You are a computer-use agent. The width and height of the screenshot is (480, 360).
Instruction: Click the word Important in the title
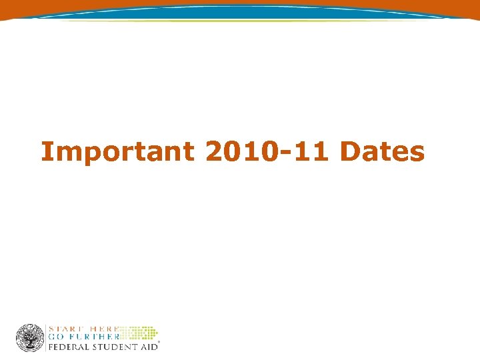pos(118,152)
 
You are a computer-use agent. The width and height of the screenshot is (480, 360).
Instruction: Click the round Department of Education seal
pos(30,337)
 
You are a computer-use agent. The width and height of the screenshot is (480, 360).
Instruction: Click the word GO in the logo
pos(57,337)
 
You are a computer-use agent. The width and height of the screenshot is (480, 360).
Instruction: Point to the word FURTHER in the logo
pos(93,337)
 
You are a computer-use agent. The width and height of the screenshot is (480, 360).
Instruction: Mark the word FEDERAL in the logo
pos(70,347)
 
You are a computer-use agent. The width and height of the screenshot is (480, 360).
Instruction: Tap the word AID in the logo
pos(148,347)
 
